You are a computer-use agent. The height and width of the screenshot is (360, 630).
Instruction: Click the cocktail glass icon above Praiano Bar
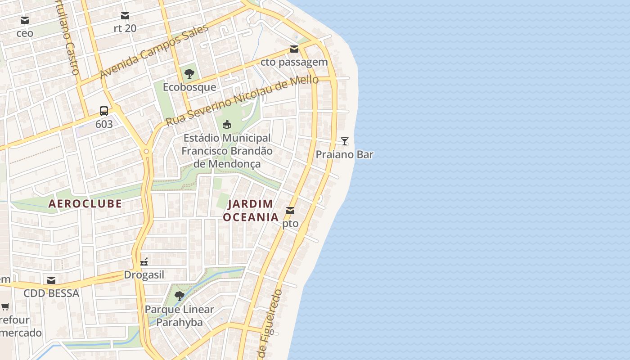(345, 141)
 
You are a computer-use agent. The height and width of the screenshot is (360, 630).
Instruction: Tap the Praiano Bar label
(344, 154)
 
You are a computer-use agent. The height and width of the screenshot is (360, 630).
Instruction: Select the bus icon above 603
(104, 111)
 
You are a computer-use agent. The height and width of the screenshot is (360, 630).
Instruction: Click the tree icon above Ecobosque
(189, 73)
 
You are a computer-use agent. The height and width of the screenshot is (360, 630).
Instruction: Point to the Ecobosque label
(189, 87)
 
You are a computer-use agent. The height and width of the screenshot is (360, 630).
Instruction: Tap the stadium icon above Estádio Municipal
(227, 124)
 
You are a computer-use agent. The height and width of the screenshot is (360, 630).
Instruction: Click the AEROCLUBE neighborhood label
(85, 204)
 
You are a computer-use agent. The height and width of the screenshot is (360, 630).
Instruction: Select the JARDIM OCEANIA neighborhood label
(251, 211)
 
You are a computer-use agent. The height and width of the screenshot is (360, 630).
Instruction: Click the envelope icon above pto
(290, 210)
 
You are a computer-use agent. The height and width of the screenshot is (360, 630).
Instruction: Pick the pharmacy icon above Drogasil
(144, 261)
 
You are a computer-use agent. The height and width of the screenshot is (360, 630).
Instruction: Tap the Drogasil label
(144, 275)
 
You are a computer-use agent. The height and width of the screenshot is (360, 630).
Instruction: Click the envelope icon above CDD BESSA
(51, 280)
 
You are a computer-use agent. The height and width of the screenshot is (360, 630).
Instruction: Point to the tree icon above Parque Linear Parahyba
(179, 296)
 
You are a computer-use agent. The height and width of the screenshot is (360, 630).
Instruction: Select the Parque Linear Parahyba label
(179, 316)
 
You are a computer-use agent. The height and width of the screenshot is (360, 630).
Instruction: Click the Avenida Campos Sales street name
(154, 51)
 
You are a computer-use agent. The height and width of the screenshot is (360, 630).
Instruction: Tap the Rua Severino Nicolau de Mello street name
(242, 101)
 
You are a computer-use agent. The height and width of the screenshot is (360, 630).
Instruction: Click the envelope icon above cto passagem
(294, 49)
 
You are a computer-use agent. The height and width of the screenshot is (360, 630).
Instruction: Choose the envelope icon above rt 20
(125, 16)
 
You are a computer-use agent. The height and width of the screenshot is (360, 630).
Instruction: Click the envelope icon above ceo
(25, 20)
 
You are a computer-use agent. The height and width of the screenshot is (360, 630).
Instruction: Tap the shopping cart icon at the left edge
(5, 307)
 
